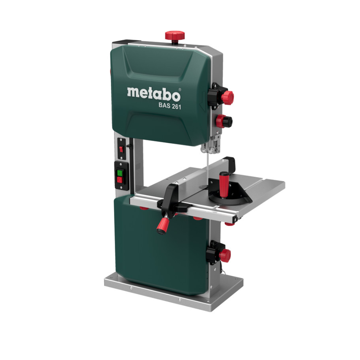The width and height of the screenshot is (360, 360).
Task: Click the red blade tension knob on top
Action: click(x=175, y=35)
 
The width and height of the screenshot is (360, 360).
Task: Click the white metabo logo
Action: click(x=154, y=94)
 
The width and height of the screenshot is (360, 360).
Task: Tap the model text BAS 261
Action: click(x=170, y=106)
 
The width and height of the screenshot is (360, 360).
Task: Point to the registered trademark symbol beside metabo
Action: click(x=180, y=89)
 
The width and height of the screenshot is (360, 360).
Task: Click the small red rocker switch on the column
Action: click(x=121, y=149)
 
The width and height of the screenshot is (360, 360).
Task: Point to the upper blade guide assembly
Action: click(x=211, y=144)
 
